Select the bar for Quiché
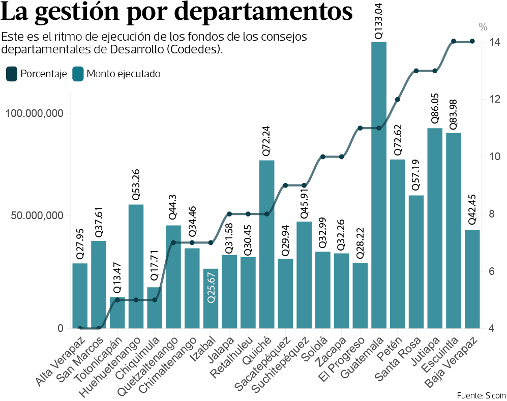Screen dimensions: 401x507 pos(266,244)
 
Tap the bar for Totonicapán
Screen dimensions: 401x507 pos(117,313)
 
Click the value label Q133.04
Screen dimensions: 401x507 pos(379,20)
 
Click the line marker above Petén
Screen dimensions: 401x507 pos(398,99)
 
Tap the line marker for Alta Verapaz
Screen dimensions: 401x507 pos(80,328)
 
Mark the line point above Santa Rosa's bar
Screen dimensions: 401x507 pos(416,71)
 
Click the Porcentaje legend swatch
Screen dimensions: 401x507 pos(12,74)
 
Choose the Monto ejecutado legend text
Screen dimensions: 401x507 pos(124,74)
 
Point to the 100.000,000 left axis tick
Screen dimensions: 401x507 pos(35,113)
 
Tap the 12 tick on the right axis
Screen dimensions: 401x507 pos(494,99)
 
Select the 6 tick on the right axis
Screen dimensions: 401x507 pos(494,271)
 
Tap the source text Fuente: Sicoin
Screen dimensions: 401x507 pos(481,395)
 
